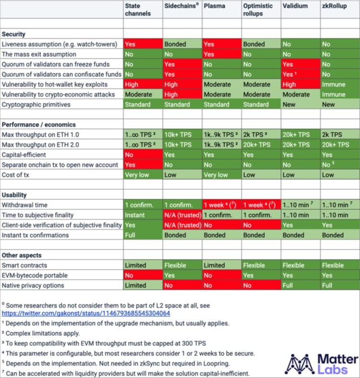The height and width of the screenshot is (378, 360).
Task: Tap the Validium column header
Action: tap(295, 6)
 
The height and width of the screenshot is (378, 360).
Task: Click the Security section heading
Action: tap(14, 34)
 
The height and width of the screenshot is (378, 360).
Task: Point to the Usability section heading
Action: tap(14, 195)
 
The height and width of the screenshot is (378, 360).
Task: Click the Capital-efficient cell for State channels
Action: tap(143, 155)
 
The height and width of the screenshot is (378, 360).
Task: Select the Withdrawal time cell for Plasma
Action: tap(221, 205)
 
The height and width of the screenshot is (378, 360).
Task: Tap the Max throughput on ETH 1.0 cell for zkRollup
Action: tap(339, 134)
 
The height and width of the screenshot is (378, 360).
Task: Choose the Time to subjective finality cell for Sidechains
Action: tap(182, 215)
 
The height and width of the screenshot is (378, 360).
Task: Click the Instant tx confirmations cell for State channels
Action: tap(143, 235)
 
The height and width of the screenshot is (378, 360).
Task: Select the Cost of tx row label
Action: tap(16, 175)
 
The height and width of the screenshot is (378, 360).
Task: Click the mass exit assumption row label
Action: tap(39, 54)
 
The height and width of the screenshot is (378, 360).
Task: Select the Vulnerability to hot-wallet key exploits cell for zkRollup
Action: tap(339, 84)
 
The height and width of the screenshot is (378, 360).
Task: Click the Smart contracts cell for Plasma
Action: tap(221, 265)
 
